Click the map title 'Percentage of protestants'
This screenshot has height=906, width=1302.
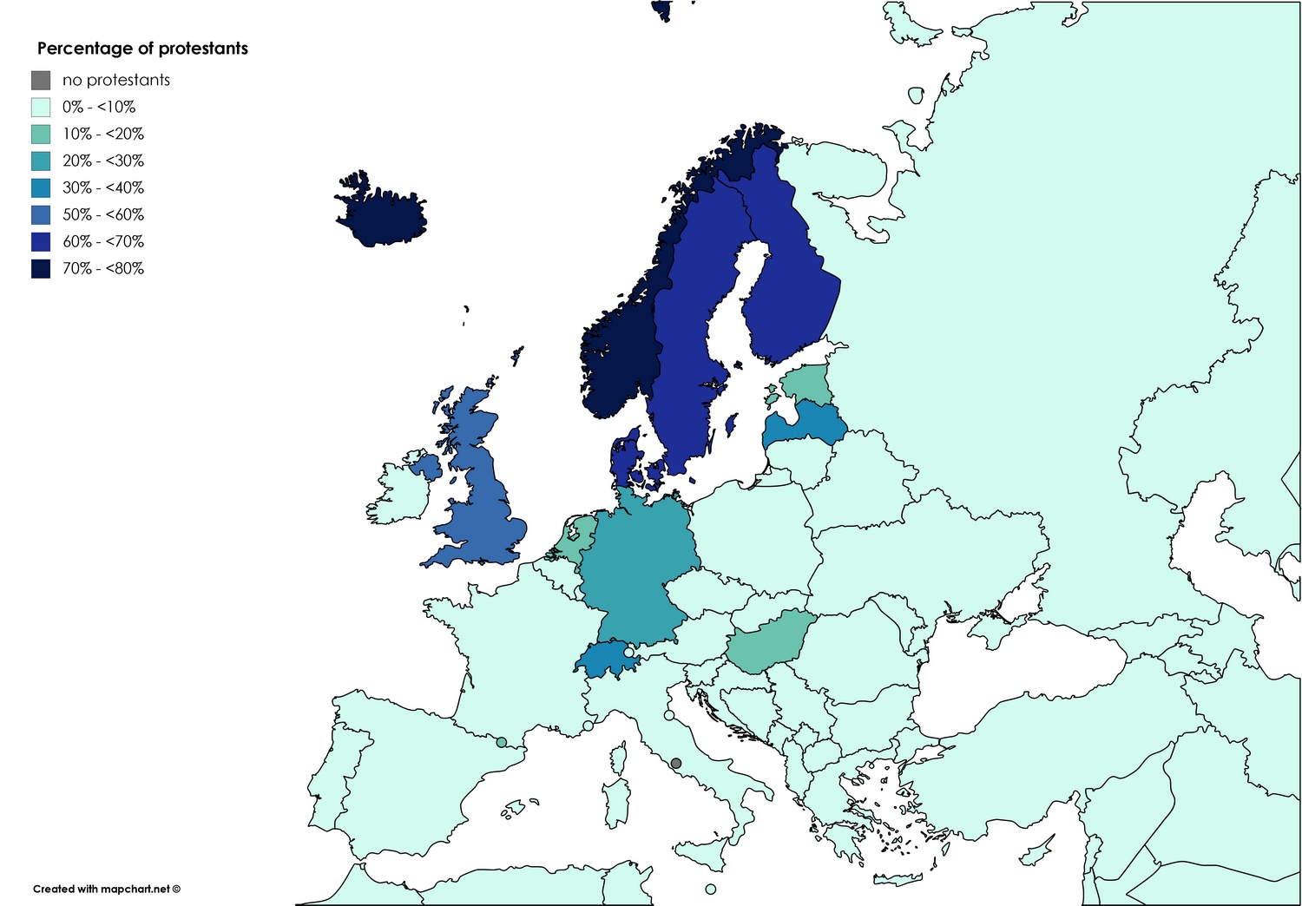click(142, 49)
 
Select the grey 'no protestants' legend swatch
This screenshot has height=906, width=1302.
click(41, 80)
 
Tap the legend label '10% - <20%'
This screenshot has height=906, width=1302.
click(102, 134)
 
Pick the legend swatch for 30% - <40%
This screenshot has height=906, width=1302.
click(41, 187)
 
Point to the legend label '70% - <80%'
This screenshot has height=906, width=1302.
click(102, 268)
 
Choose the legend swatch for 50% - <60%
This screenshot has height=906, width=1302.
click(41, 214)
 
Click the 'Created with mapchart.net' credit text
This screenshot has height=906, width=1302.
click(106, 889)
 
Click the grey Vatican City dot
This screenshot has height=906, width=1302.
click(676, 764)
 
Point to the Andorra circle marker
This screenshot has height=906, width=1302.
click(501, 742)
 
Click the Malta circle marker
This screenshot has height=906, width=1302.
click(711, 889)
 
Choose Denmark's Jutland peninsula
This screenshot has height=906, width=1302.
click(622, 456)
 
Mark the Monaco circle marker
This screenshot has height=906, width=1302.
click(589, 725)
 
